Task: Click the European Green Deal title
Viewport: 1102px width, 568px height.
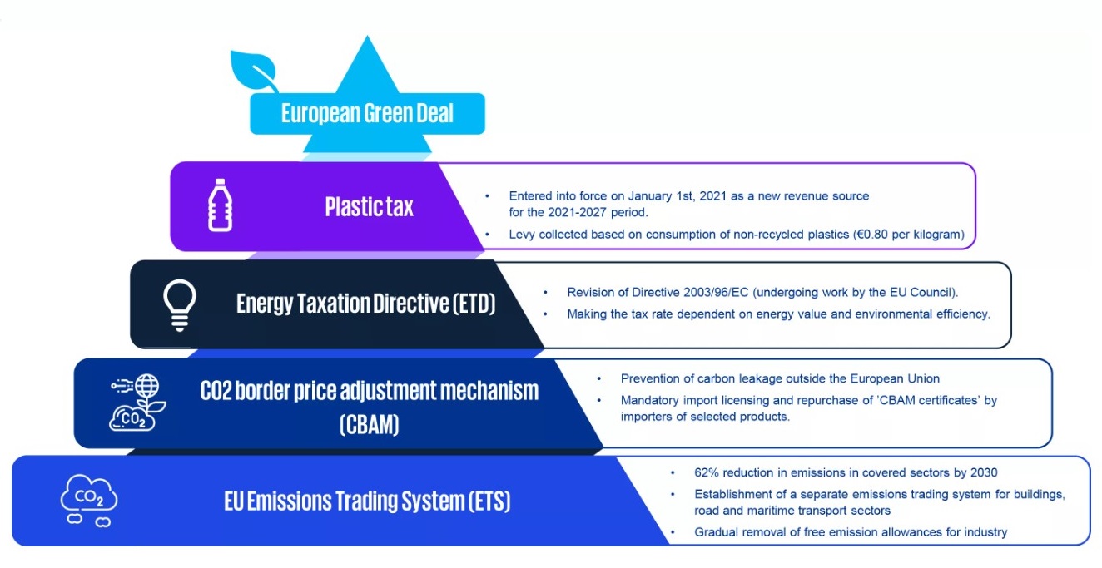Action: (367, 113)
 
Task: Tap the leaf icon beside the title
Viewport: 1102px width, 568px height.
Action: (253, 71)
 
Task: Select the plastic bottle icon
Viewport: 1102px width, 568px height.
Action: (220, 205)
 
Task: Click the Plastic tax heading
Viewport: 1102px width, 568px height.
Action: (369, 206)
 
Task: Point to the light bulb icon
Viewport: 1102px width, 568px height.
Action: (180, 305)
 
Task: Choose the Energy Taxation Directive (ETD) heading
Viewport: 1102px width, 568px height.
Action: (365, 304)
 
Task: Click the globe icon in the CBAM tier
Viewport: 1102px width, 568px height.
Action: (147, 385)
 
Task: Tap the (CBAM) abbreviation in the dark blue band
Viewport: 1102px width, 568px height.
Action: (369, 424)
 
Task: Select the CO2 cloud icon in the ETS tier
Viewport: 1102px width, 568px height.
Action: (89, 500)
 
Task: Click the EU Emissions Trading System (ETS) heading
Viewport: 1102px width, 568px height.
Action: (367, 501)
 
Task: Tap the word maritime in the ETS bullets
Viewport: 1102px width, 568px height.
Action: (769, 511)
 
